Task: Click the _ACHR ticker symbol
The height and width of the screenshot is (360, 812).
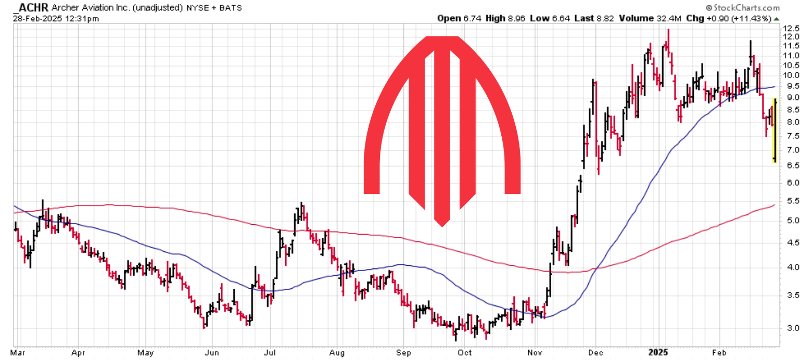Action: click(x=31, y=8)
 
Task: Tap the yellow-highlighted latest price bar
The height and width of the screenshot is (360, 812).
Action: click(x=775, y=130)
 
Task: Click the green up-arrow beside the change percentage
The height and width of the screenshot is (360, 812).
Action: click(x=777, y=18)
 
